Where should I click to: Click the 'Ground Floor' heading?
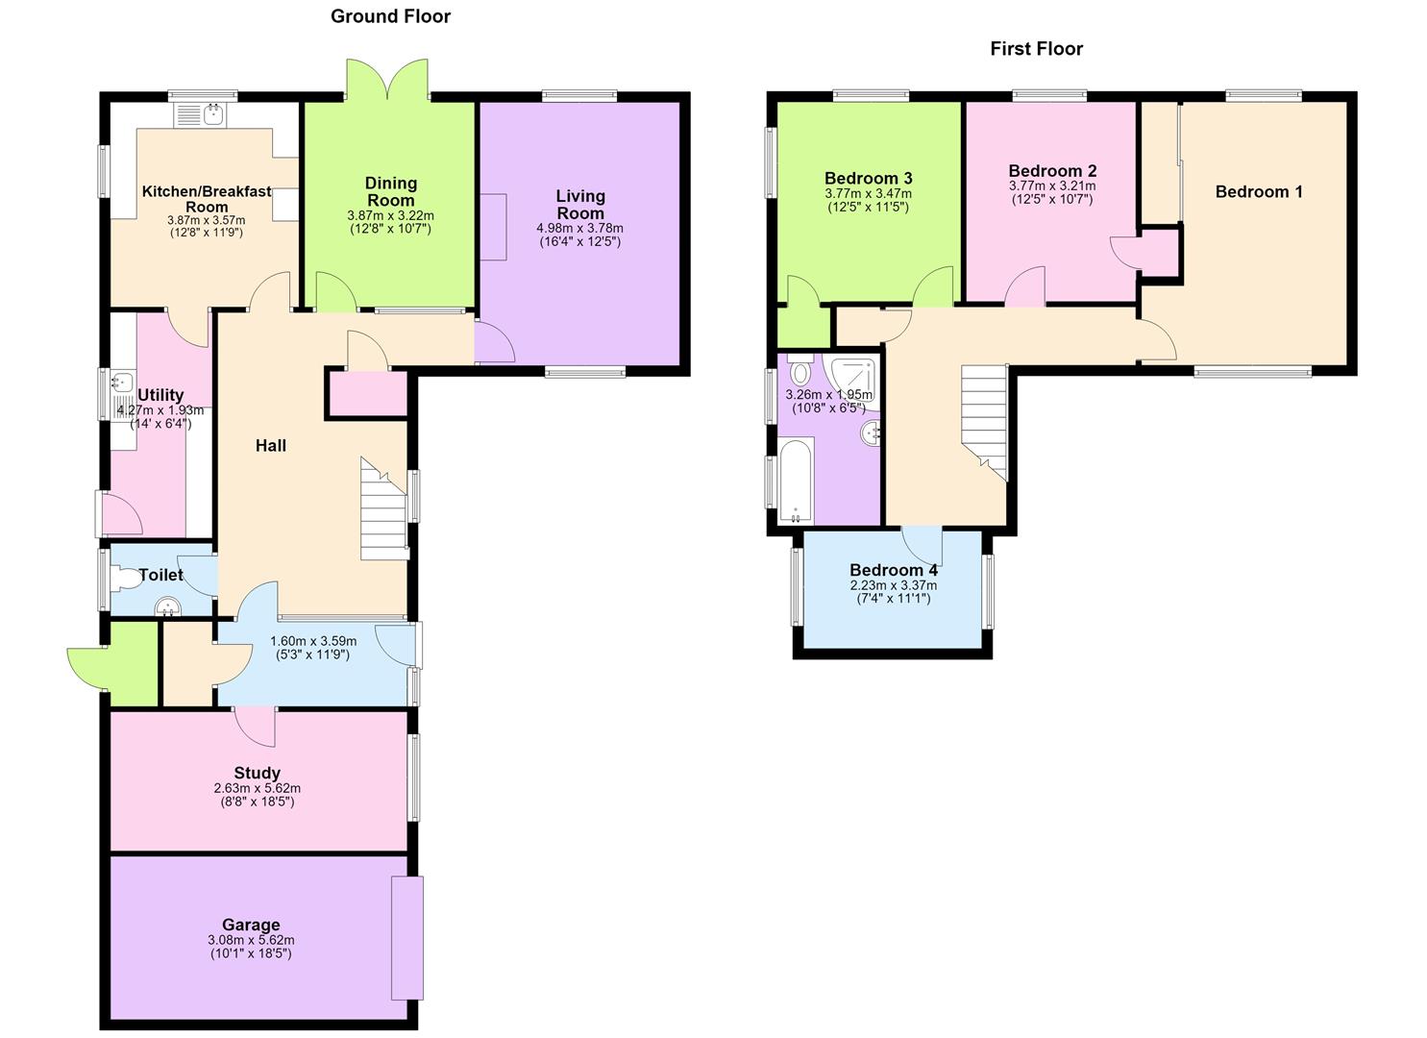tap(390, 16)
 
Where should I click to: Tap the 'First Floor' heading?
tap(1037, 49)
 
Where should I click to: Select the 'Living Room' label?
tap(579, 205)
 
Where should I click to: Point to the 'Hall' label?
tap(271, 445)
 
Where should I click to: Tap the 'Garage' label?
tap(251, 925)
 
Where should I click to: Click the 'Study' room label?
tap(258, 773)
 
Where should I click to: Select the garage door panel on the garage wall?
tap(407, 938)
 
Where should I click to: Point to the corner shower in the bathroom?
tap(851, 380)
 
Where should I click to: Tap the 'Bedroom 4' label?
tap(893, 570)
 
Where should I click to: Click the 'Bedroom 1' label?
tap(1259, 192)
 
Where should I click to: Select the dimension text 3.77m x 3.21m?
tap(1052, 186)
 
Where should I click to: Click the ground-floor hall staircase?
tap(384, 508)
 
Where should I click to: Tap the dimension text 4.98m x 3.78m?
tap(579, 228)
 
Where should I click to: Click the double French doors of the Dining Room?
tap(387, 80)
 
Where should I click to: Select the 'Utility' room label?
tap(160, 395)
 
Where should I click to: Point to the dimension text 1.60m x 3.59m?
tap(313, 641)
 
